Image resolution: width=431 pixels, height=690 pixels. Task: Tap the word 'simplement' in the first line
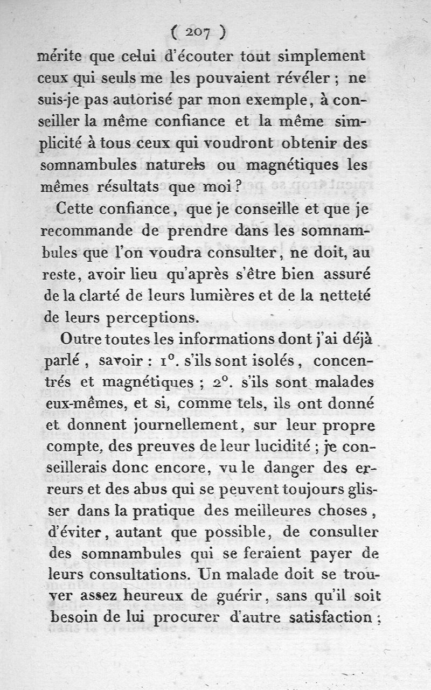pyautogui.click(x=322, y=56)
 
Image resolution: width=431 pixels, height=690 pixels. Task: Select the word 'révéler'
pyautogui.click(x=306, y=78)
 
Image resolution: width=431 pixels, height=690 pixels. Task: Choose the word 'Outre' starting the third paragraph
pyautogui.click(x=81, y=339)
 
